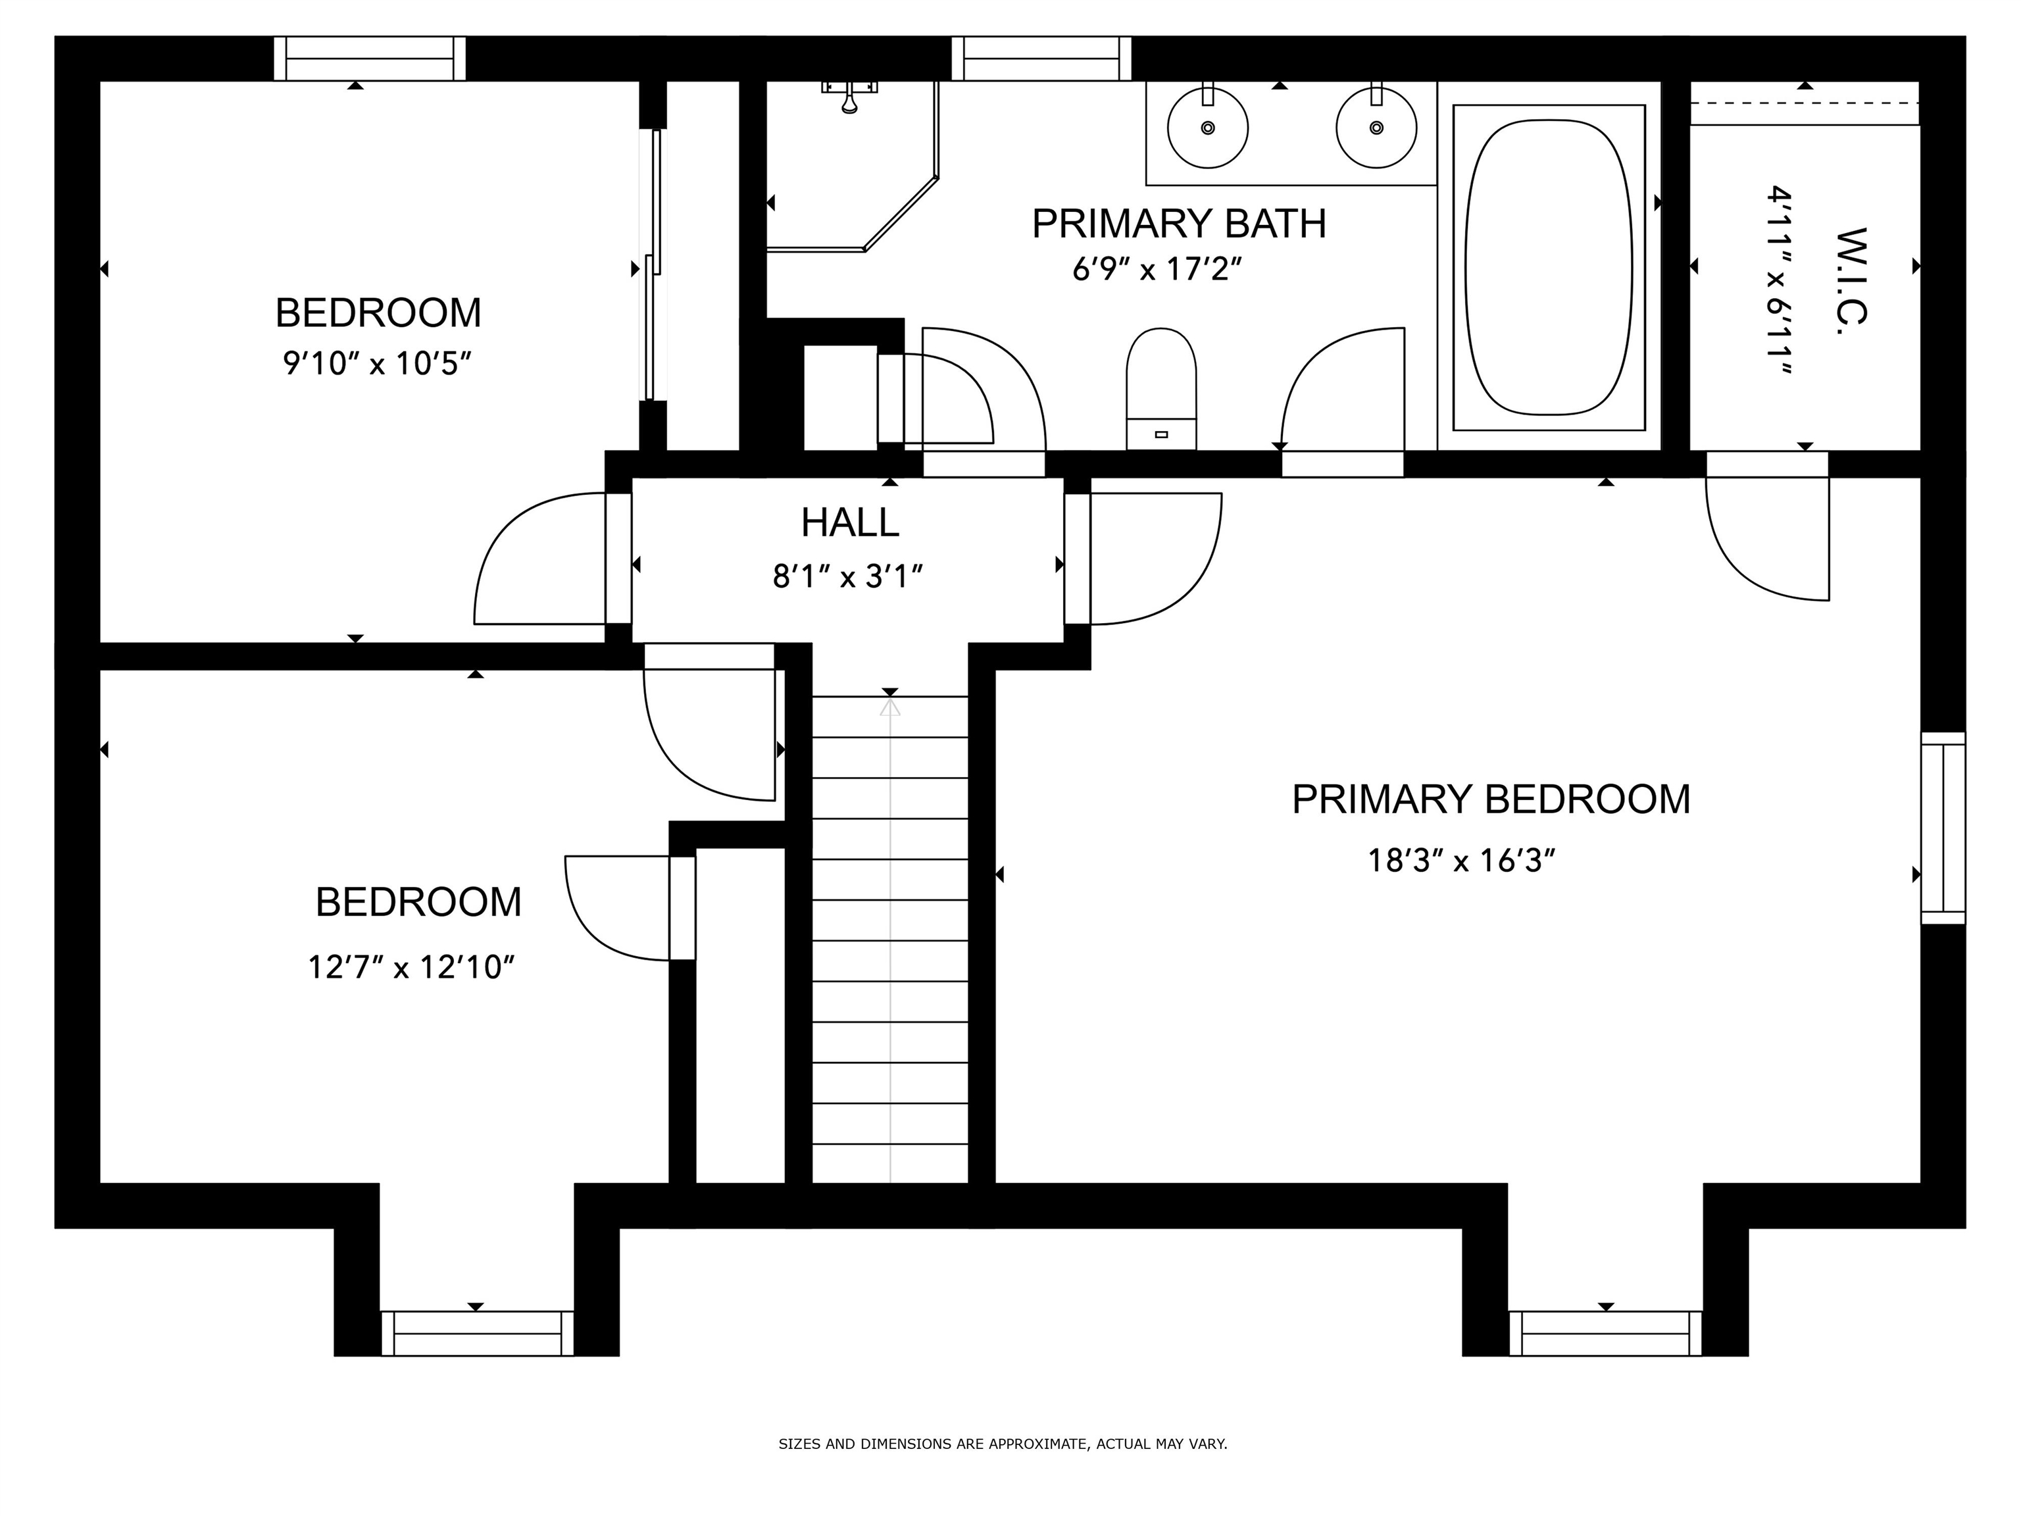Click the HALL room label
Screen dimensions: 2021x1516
(850, 522)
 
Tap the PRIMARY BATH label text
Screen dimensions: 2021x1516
(1179, 224)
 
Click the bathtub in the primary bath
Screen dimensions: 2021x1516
(1549, 267)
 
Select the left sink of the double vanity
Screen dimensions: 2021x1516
(1208, 128)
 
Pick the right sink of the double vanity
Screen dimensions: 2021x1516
(1376, 128)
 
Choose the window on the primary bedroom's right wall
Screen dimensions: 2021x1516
(1943, 828)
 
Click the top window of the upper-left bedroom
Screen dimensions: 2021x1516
(370, 59)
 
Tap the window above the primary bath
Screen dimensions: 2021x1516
(1041, 59)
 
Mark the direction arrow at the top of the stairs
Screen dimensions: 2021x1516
(890, 707)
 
